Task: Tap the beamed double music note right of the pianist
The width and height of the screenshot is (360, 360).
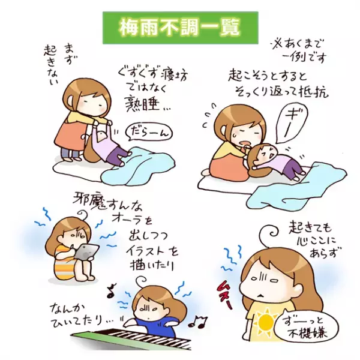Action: point(197,322)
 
